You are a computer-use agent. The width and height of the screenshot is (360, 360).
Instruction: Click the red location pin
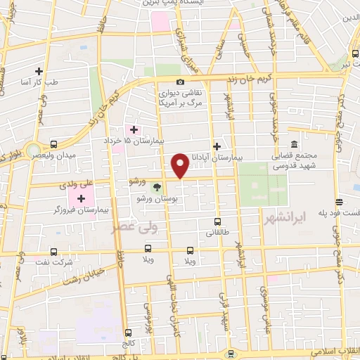[181, 166]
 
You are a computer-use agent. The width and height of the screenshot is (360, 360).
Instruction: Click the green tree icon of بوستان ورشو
[157, 186]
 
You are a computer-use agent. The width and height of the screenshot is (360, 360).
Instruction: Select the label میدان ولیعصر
[63, 153]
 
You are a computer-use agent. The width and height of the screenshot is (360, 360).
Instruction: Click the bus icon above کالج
[127, 332]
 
